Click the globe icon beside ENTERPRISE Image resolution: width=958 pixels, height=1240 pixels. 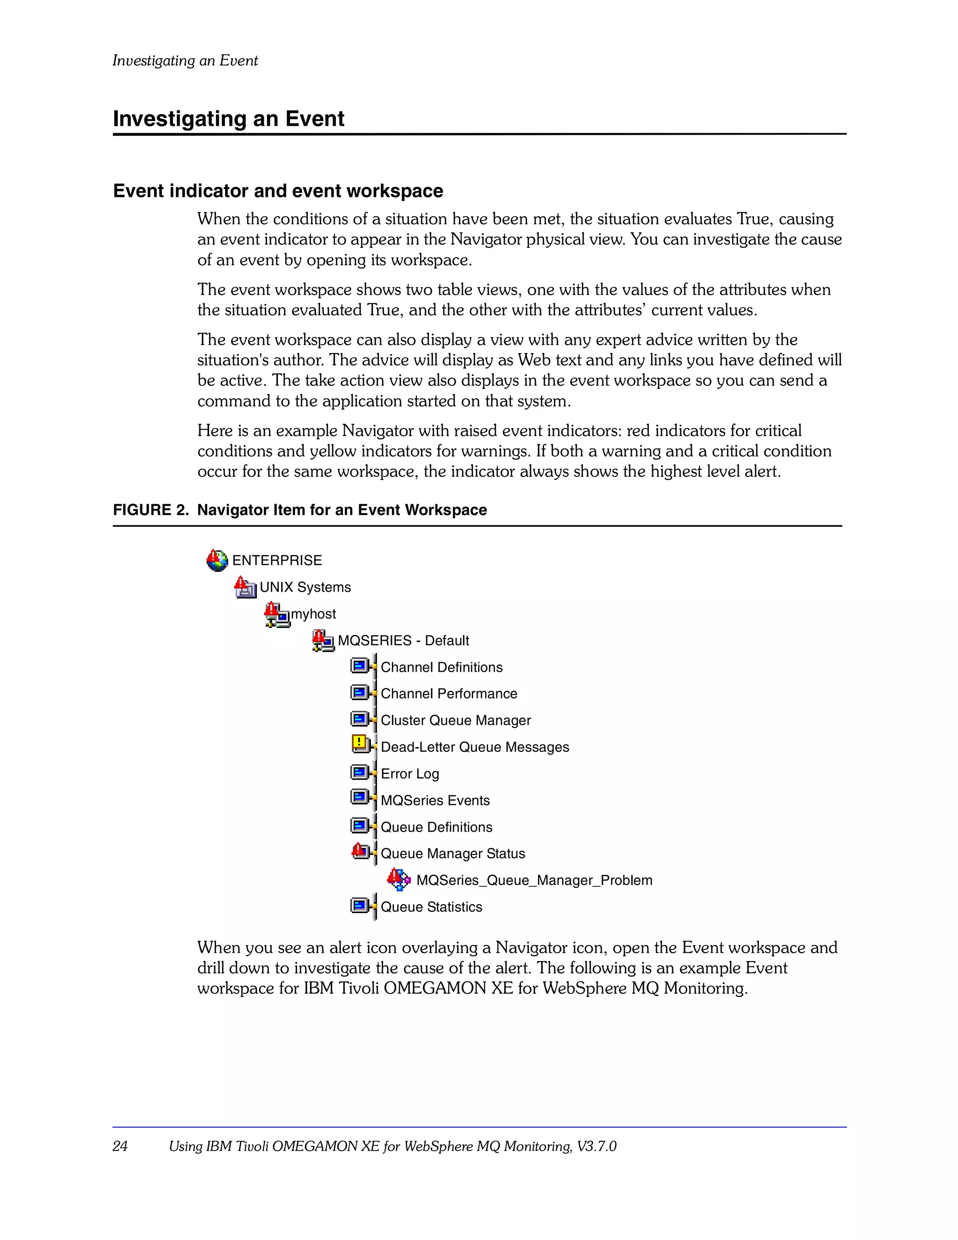click(217, 560)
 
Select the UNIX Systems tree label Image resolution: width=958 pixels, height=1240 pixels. click(305, 587)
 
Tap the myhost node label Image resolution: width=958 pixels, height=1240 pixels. click(313, 614)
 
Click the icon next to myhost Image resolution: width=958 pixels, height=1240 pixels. click(276, 615)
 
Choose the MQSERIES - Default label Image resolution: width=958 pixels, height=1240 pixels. click(403, 640)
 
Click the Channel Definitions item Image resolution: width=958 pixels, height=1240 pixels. click(441, 667)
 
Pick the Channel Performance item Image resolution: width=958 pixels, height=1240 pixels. click(449, 694)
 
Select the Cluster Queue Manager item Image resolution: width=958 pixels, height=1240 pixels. click(456, 720)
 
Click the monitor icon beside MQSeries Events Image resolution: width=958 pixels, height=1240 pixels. click(360, 798)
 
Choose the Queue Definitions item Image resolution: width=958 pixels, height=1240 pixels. click(436, 827)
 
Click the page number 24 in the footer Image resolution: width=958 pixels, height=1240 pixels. click(120, 1146)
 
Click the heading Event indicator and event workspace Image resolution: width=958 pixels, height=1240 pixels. click(278, 191)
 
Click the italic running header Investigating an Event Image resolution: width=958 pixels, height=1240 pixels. click(185, 61)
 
